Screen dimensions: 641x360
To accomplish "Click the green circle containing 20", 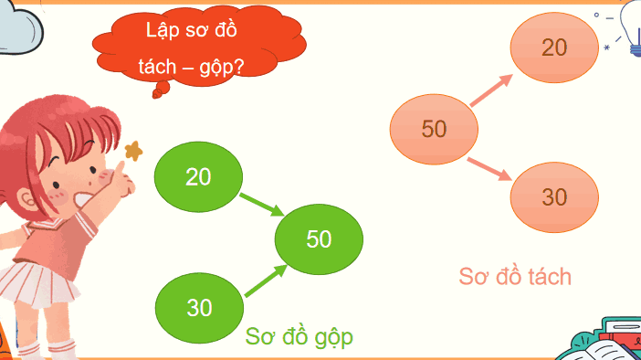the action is point(198,175).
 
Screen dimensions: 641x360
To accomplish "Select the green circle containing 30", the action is point(199,307).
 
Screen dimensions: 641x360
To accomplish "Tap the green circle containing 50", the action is point(319,239).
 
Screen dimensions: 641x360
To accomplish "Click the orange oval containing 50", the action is point(434,129).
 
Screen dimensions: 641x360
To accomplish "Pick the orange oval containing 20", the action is point(554,48).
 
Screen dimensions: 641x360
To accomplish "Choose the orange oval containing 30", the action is point(554,196).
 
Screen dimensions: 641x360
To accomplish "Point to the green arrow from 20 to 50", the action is point(261,204).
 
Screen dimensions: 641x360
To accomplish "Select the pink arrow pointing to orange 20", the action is point(493,89).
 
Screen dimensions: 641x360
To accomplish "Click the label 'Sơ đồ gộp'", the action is point(299,337).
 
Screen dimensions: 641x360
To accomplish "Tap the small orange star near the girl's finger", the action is point(133,150).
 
